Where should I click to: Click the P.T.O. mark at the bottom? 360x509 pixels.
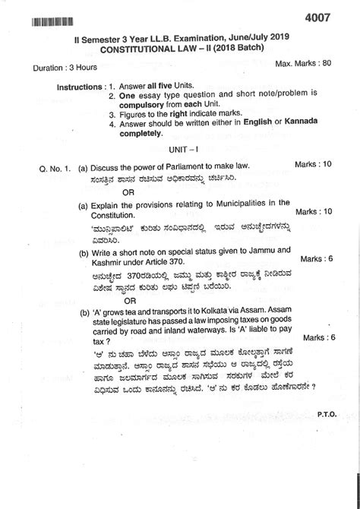point(328,417)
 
